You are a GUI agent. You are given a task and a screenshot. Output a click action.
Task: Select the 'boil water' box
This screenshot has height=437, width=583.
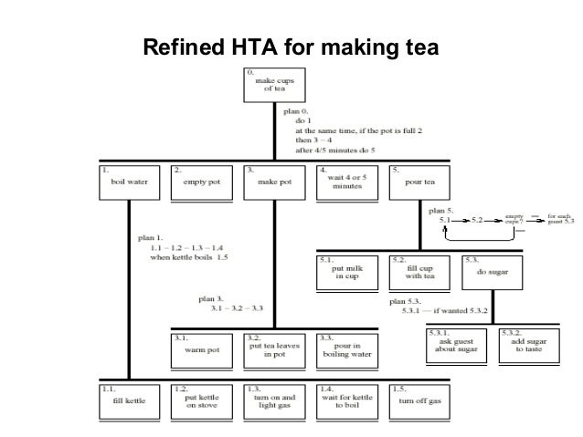point(128,182)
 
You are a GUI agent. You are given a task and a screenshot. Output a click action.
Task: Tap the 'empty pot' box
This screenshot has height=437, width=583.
point(201,182)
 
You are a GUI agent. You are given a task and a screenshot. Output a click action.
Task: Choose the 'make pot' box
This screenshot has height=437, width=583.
point(274,182)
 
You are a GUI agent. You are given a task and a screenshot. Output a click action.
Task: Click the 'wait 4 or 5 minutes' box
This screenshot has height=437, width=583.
point(346,182)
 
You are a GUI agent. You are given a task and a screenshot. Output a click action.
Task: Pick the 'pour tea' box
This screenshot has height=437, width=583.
point(419,182)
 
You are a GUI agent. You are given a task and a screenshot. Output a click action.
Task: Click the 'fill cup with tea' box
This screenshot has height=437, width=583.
point(419,271)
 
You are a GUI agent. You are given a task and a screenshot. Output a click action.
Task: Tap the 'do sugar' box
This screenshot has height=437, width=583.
point(492,271)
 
